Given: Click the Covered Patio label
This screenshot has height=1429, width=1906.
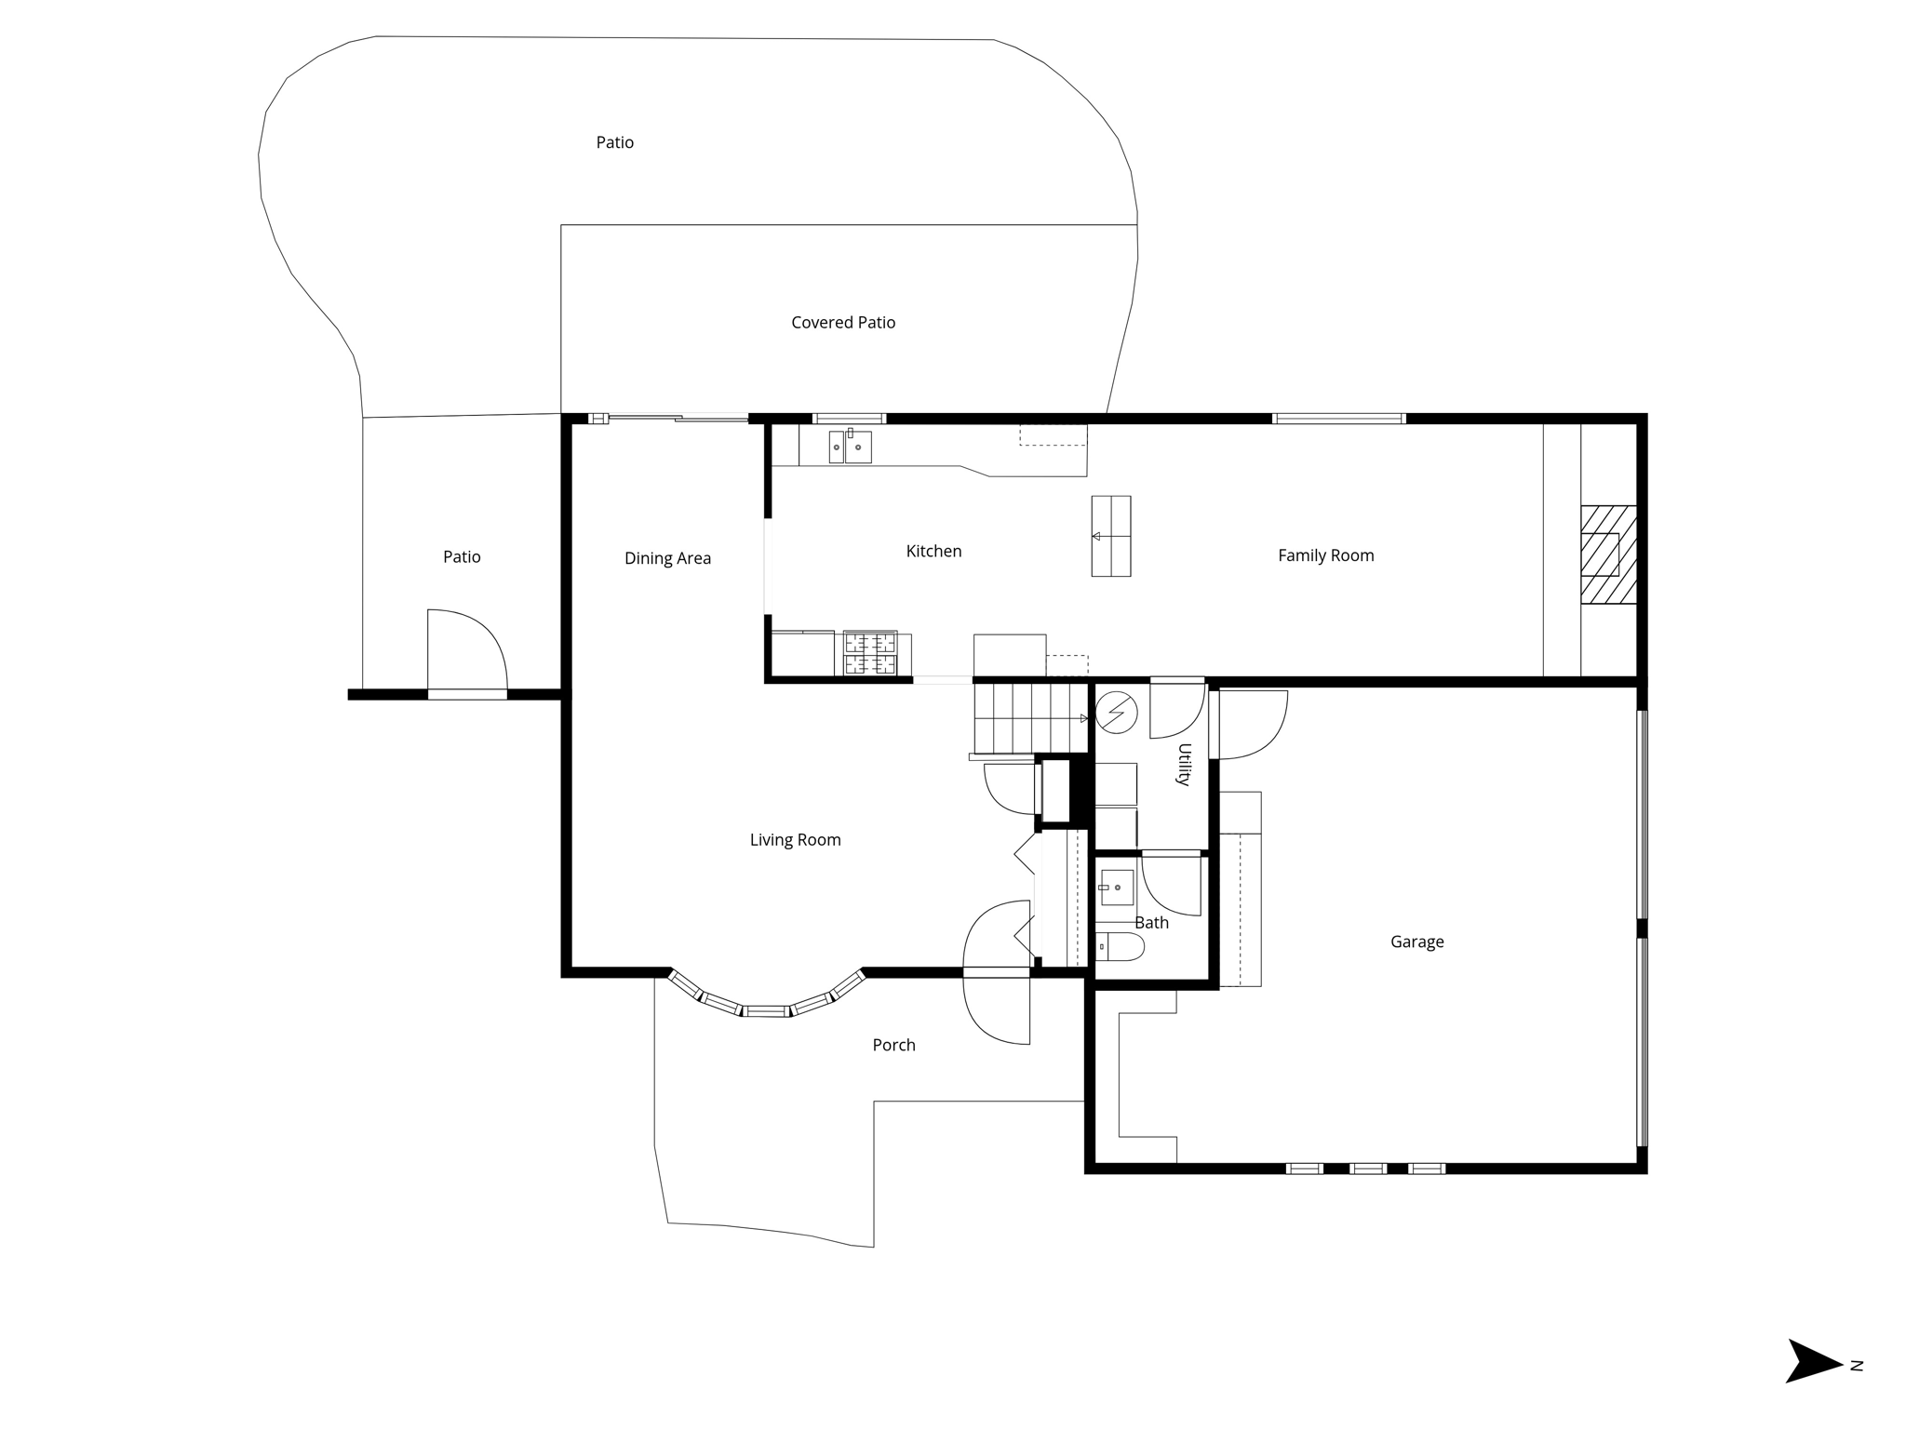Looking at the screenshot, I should (x=843, y=323).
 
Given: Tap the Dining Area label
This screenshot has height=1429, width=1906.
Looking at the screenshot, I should (x=667, y=558).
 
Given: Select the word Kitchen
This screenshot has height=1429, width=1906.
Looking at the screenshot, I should (x=933, y=552).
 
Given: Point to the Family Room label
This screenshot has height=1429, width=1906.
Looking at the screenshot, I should (x=1325, y=555).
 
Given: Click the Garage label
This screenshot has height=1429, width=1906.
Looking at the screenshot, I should (x=1416, y=942).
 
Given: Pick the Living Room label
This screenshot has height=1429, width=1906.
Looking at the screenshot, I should (x=795, y=840).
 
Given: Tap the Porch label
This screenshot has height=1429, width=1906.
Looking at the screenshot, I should (x=893, y=1045).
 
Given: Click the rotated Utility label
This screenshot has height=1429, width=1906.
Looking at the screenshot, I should (x=1184, y=764).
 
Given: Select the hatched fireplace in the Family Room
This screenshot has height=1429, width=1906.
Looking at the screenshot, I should (x=1608, y=554).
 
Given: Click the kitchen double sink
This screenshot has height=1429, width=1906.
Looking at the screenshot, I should (x=850, y=447).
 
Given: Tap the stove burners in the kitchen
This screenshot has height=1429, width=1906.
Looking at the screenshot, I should (x=870, y=652).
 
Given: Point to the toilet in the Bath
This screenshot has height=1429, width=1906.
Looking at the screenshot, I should (x=1120, y=947).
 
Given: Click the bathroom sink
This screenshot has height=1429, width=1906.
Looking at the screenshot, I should (x=1117, y=888).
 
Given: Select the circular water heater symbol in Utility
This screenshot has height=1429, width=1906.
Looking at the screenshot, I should (x=1116, y=714).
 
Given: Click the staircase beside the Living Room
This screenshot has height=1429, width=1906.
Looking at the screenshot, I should (x=1030, y=717).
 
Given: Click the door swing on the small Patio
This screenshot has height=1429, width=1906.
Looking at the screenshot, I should (x=466, y=651).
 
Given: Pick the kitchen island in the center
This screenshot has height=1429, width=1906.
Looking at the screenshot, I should (x=1110, y=536).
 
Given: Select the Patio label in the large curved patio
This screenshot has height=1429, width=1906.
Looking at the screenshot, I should (x=614, y=142).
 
